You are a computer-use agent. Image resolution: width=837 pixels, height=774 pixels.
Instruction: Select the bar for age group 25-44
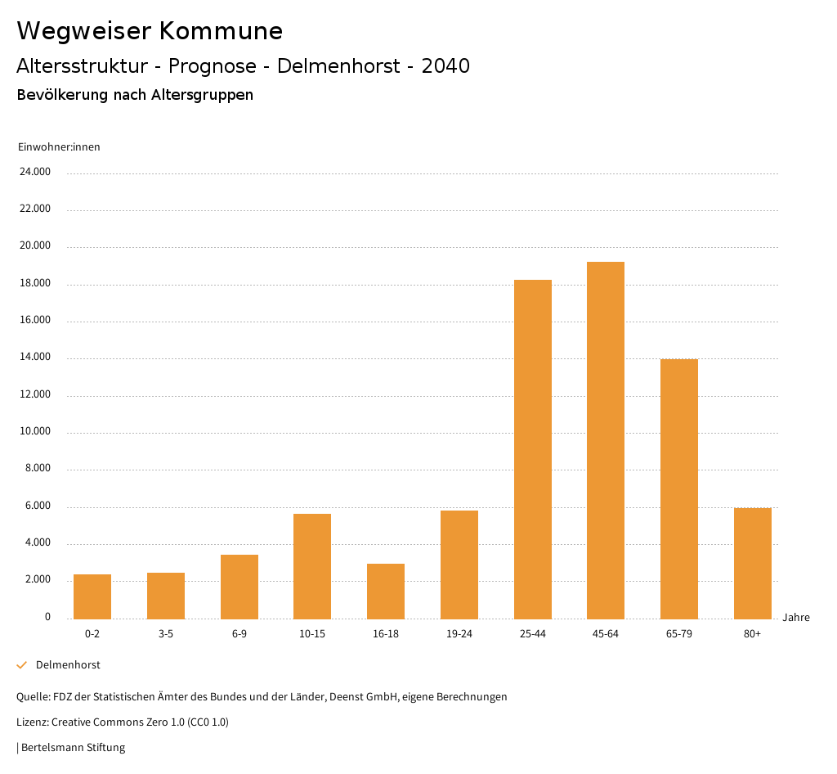(x=533, y=449)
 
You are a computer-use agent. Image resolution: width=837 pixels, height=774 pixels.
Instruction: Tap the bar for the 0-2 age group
(x=92, y=596)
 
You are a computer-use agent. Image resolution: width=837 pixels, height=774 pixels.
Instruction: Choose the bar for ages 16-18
(x=386, y=591)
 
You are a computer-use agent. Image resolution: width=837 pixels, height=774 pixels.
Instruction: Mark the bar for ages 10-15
(x=312, y=566)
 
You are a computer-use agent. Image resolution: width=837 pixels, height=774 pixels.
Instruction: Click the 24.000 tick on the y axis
(x=35, y=172)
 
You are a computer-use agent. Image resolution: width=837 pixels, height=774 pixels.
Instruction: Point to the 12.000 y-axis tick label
(x=35, y=394)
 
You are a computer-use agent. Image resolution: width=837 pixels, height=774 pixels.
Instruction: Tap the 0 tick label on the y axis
(x=47, y=617)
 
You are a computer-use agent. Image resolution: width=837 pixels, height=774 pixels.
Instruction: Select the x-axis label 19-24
(x=459, y=634)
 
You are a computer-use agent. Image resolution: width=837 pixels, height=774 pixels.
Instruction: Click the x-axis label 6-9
(x=239, y=634)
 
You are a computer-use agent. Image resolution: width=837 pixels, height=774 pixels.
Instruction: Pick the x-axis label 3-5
(x=166, y=634)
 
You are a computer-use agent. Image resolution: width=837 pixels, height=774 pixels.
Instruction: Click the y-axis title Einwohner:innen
(x=59, y=147)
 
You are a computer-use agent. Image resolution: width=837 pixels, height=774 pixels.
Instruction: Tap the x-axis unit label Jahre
(x=796, y=618)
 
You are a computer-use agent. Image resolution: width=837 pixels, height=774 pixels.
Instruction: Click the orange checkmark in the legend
(x=22, y=665)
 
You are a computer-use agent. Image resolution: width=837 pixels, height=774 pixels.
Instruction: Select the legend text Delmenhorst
(x=68, y=665)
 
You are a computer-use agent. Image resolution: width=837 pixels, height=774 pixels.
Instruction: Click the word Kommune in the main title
(x=222, y=31)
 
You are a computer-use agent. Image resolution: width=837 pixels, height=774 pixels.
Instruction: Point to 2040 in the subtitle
(x=445, y=66)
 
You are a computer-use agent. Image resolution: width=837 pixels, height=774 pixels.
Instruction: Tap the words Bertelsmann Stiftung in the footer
(x=73, y=747)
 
